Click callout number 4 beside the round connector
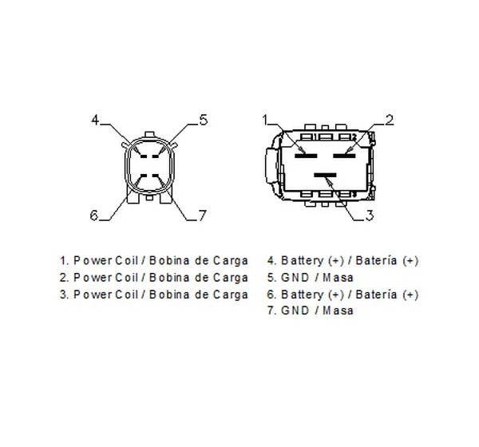95,120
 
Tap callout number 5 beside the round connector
204,120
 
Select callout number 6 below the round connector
94,215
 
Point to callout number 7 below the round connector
203,216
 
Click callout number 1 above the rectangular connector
265,120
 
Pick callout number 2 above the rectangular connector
390,120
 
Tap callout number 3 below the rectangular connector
370,216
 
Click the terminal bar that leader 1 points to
306,156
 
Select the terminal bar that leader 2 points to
344,156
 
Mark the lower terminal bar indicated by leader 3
325,175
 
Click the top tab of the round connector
150,134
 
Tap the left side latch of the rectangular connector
271,165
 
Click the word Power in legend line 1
93,261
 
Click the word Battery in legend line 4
302,261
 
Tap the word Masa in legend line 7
338,311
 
